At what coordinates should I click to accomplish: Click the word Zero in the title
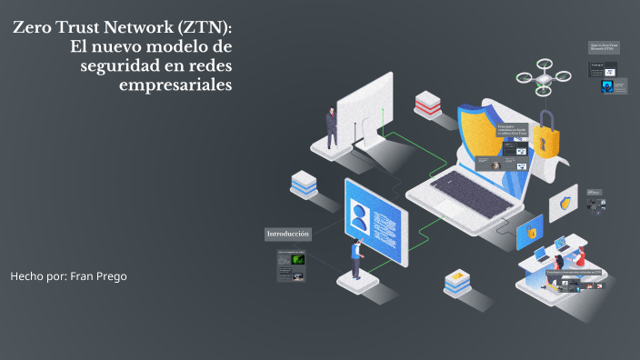click(34, 28)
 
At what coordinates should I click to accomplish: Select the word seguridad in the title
click(103, 65)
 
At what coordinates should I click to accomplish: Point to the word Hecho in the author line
click(27, 275)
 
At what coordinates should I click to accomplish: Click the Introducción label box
click(288, 235)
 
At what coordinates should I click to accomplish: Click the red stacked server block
click(428, 104)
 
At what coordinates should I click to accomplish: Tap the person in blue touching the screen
click(357, 260)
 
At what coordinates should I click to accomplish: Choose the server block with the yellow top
click(455, 283)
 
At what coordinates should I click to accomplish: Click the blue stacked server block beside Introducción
click(305, 185)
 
